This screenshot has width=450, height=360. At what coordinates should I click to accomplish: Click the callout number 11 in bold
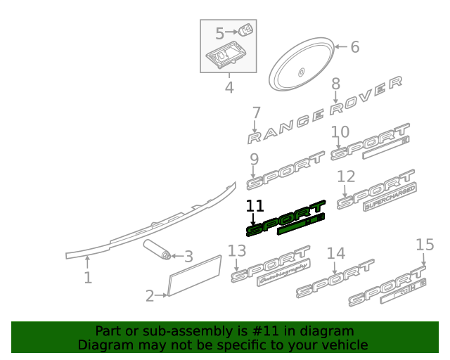255,206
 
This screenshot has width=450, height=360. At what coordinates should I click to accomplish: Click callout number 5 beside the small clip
220,33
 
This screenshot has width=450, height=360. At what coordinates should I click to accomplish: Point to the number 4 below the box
229,88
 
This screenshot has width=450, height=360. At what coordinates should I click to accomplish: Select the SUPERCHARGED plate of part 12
390,198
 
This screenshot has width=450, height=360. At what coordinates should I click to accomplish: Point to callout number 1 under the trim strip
87,278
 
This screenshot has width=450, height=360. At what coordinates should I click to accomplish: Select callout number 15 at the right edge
425,245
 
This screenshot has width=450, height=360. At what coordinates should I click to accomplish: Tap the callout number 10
340,131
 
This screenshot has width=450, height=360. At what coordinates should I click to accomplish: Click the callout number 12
346,176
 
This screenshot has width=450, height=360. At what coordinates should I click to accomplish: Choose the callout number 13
237,251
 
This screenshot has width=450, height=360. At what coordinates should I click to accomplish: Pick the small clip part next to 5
245,30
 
